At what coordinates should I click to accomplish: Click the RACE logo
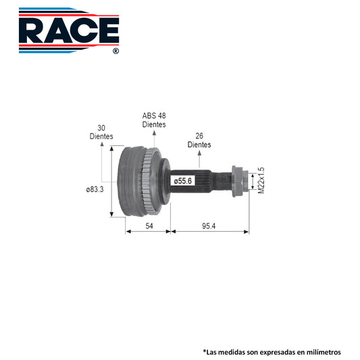pos(69,30)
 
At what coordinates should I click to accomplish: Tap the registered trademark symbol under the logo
pos(116,51)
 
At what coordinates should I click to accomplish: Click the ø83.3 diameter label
pos(95,190)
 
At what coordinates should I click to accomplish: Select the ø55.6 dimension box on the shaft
pos(183,181)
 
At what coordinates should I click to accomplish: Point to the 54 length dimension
pos(149,226)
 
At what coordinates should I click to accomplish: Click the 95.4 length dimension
pos(209,226)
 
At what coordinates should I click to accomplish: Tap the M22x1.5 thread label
pos(261,180)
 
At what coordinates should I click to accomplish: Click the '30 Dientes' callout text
pos(101,132)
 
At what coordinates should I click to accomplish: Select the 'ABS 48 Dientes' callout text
pos(154,120)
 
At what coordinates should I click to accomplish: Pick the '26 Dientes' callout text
pos(199,140)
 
